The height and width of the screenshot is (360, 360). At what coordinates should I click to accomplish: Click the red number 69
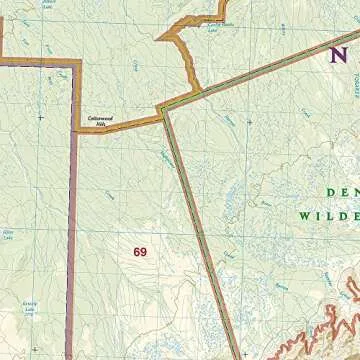[139, 252]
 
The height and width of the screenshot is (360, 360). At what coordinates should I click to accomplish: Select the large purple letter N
[339, 56]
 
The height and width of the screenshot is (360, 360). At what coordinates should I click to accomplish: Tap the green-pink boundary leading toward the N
[260, 69]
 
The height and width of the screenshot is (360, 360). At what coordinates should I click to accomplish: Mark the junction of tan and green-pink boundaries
[160, 109]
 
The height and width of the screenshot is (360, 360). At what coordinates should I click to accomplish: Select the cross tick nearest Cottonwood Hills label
[40, 117]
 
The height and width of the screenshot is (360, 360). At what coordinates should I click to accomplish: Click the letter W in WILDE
[303, 215]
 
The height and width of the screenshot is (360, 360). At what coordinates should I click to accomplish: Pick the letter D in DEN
[329, 193]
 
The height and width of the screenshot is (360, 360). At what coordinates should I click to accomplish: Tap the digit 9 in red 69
[143, 252]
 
